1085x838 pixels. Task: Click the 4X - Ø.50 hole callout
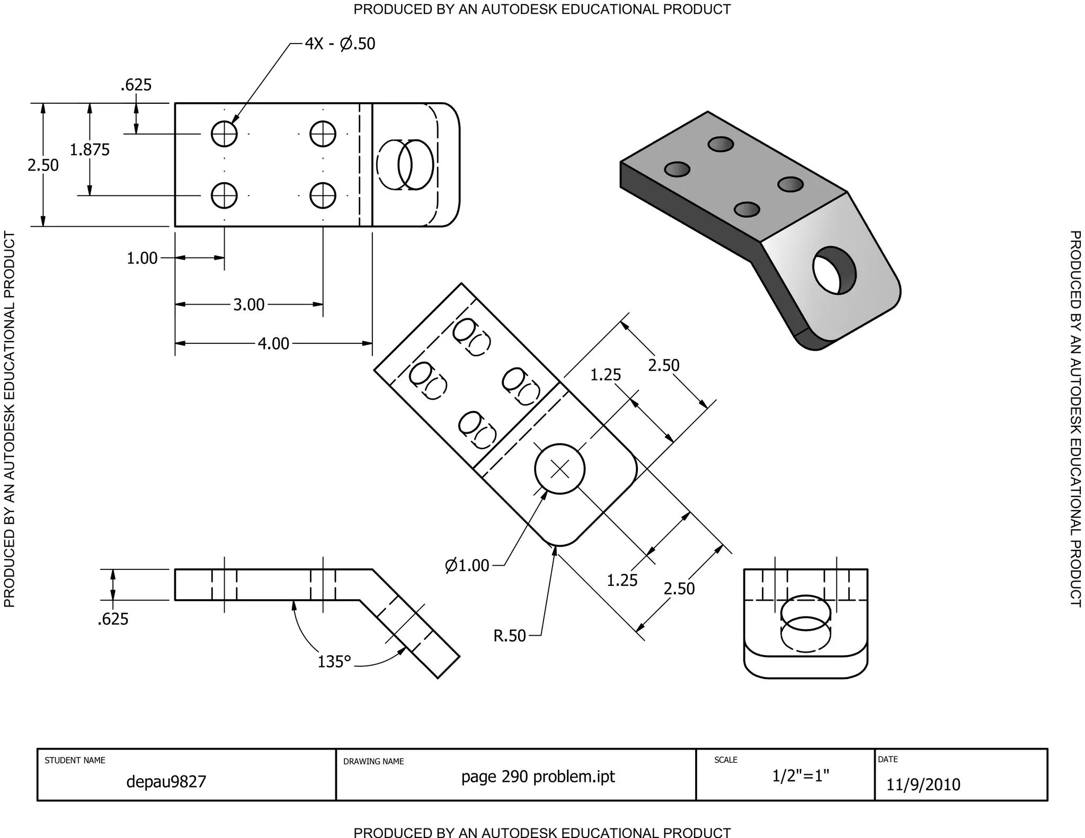(340, 43)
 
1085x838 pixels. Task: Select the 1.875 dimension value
(90, 150)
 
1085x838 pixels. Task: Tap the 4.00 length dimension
(273, 344)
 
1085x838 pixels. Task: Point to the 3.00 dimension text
(248, 305)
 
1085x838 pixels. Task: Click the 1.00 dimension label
(142, 258)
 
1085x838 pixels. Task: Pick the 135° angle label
(334, 662)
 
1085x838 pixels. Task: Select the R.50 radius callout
(510, 636)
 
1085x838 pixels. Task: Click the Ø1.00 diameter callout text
(467, 566)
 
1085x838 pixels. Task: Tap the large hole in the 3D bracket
(834, 271)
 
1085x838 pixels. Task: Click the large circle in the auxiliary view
(560, 469)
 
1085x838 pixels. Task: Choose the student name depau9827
(166, 782)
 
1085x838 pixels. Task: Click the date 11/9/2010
(923, 784)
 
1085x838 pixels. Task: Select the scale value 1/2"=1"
(800, 776)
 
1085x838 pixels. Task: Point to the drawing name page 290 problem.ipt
(538, 777)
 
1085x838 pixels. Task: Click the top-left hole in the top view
(224, 133)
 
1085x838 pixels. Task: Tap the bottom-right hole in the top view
(323, 196)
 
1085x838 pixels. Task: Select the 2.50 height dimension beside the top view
(43, 165)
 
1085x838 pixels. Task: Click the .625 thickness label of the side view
(113, 619)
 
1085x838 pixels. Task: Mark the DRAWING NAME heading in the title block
(373, 762)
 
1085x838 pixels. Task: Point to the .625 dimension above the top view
(136, 85)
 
